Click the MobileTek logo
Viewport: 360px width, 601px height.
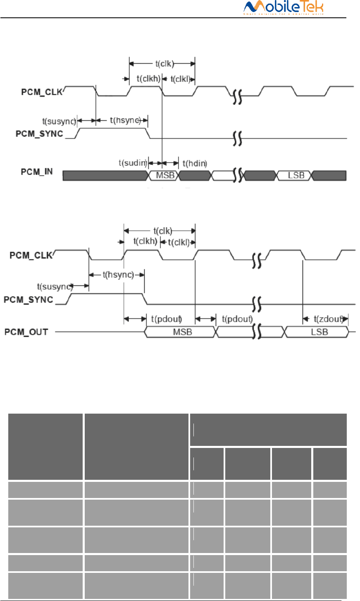click(x=284, y=8)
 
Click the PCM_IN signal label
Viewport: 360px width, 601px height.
click(x=37, y=172)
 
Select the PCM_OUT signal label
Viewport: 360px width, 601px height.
click(x=26, y=332)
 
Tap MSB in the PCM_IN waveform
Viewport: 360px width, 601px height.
click(x=165, y=175)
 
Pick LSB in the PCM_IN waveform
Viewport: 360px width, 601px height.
click(x=296, y=175)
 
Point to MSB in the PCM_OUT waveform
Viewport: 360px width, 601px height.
click(x=182, y=332)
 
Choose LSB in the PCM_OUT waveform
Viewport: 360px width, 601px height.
click(x=319, y=332)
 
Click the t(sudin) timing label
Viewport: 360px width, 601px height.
click(x=133, y=163)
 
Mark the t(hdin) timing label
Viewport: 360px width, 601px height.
click(x=194, y=163)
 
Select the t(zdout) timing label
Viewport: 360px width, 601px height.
click(x=328, y=319)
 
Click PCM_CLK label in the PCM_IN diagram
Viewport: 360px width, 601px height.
click(x=42, y=92)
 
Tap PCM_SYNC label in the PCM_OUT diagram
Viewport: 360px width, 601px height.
click(x=29, y=299)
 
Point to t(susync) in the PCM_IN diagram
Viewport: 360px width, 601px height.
click(x=59, y=121)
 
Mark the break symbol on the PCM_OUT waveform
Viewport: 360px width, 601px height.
click(x=257, y=332)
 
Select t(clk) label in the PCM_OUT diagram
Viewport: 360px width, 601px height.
click(x=162, y=231)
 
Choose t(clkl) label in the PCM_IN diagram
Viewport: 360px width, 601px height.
click(x=180, y=79)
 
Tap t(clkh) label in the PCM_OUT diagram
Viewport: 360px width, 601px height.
click(x=145, y=241)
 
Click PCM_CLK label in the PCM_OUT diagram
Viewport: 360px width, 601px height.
click(x=31, y=255)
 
